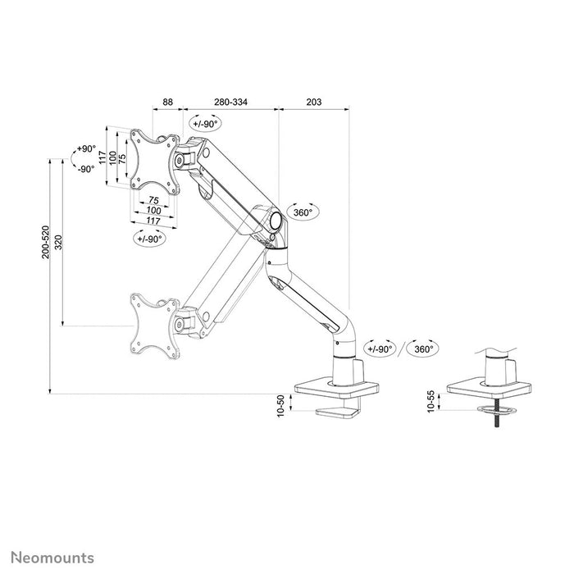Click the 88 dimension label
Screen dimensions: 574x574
[167, 102]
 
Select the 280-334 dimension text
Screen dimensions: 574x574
[231, 102]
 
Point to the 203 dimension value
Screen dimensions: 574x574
[312, 102]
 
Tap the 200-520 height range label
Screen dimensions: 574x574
[46, 243]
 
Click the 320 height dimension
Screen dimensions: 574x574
[58, 243]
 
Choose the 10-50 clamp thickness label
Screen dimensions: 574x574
[280, 405]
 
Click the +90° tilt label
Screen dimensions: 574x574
[86, 150]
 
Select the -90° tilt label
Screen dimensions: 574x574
[86, 168]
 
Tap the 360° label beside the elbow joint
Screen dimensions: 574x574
[303, 212]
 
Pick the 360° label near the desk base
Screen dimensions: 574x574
[423, 348]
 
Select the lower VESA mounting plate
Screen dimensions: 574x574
[153, 324]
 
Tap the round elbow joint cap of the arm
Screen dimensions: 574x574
[276, 220]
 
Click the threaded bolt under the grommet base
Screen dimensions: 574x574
[495, 418]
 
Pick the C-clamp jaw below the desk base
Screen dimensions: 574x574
[340, 411]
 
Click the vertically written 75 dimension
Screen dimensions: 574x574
[123, 157]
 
